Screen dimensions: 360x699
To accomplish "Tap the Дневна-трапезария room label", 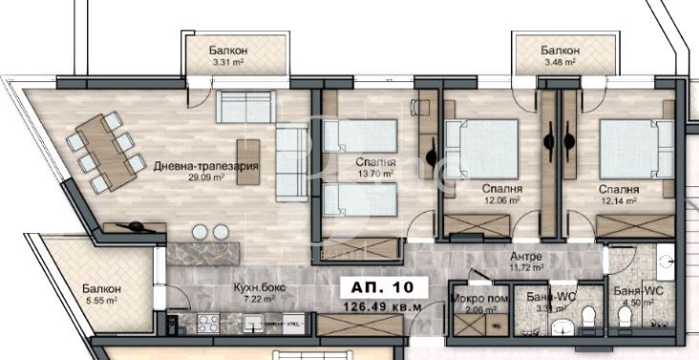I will click(194, 165).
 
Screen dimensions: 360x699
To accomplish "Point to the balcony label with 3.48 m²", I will click(559, 51).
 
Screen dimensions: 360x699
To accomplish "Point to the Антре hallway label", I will click(526, 258).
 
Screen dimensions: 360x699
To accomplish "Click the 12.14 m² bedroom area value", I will click(620, 201).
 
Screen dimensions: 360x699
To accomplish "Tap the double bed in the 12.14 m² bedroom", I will click(630, 145).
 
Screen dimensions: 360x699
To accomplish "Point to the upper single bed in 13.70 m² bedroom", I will click(357, 134).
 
